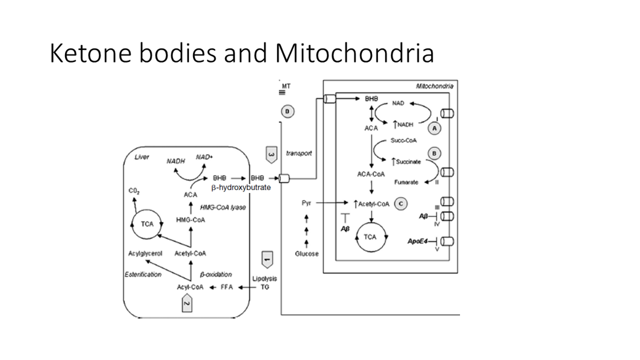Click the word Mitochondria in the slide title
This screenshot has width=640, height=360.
354,53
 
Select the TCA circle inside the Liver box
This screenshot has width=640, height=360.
146,224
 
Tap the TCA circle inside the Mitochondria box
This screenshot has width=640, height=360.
370,237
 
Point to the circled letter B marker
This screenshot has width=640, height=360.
435,153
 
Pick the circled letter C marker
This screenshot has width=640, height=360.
401,204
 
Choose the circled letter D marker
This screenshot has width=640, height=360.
288,112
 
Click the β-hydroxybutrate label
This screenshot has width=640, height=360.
241,188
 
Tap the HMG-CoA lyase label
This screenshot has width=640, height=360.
223,207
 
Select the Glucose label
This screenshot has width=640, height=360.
306,254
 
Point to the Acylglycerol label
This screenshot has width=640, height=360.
145,254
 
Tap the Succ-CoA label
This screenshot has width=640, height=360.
401,140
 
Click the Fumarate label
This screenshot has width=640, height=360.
406,182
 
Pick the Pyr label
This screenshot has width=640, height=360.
306,203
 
